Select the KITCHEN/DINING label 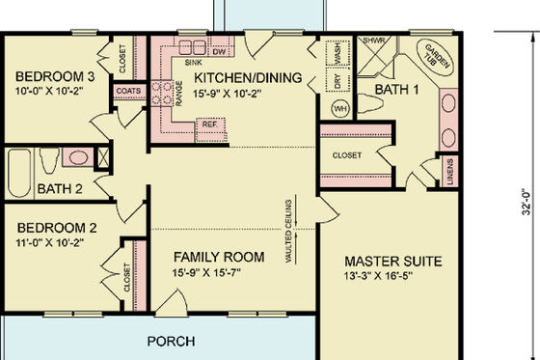click(249, 77)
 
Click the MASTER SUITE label click(393, 262)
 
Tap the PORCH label click(171, 342)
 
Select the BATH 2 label click(60, 187)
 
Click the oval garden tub click(434, 60)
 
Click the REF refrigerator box click(208, 124)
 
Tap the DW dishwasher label click(218, 50)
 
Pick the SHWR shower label click(372, 42)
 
